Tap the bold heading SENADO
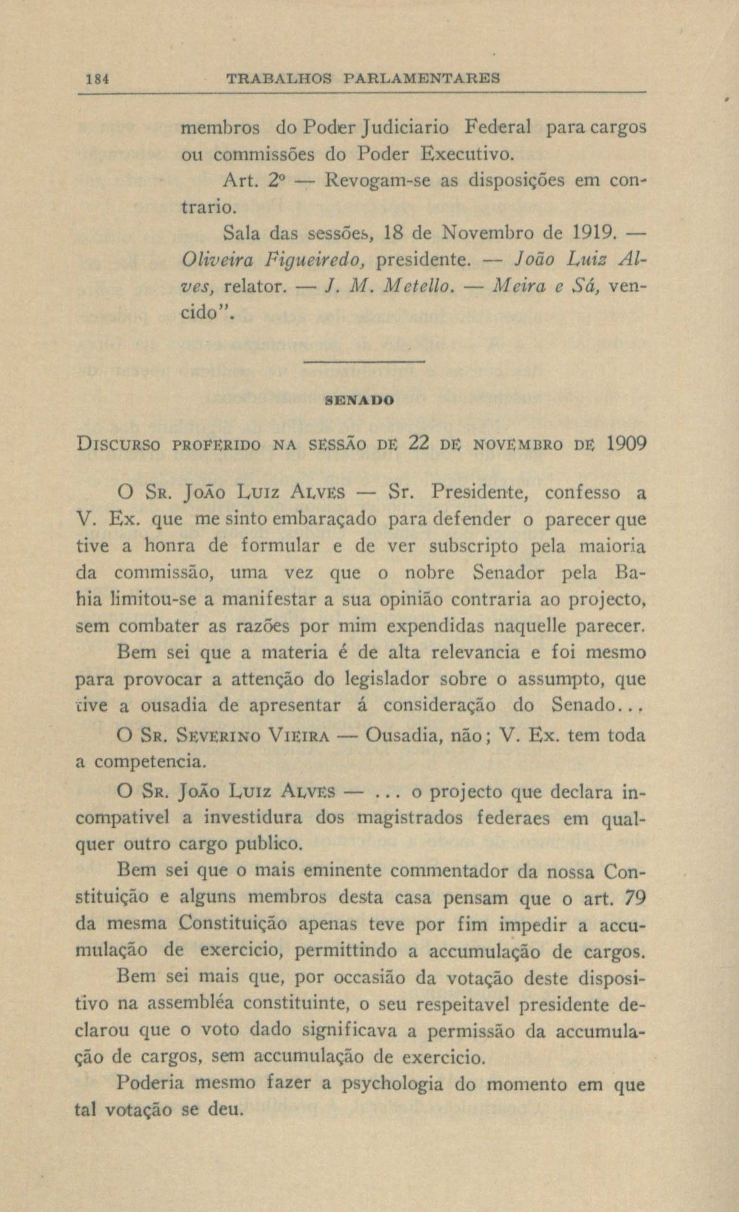tap(359, 401)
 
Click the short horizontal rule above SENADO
tap(364, 363)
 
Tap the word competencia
tap(148, 762)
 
